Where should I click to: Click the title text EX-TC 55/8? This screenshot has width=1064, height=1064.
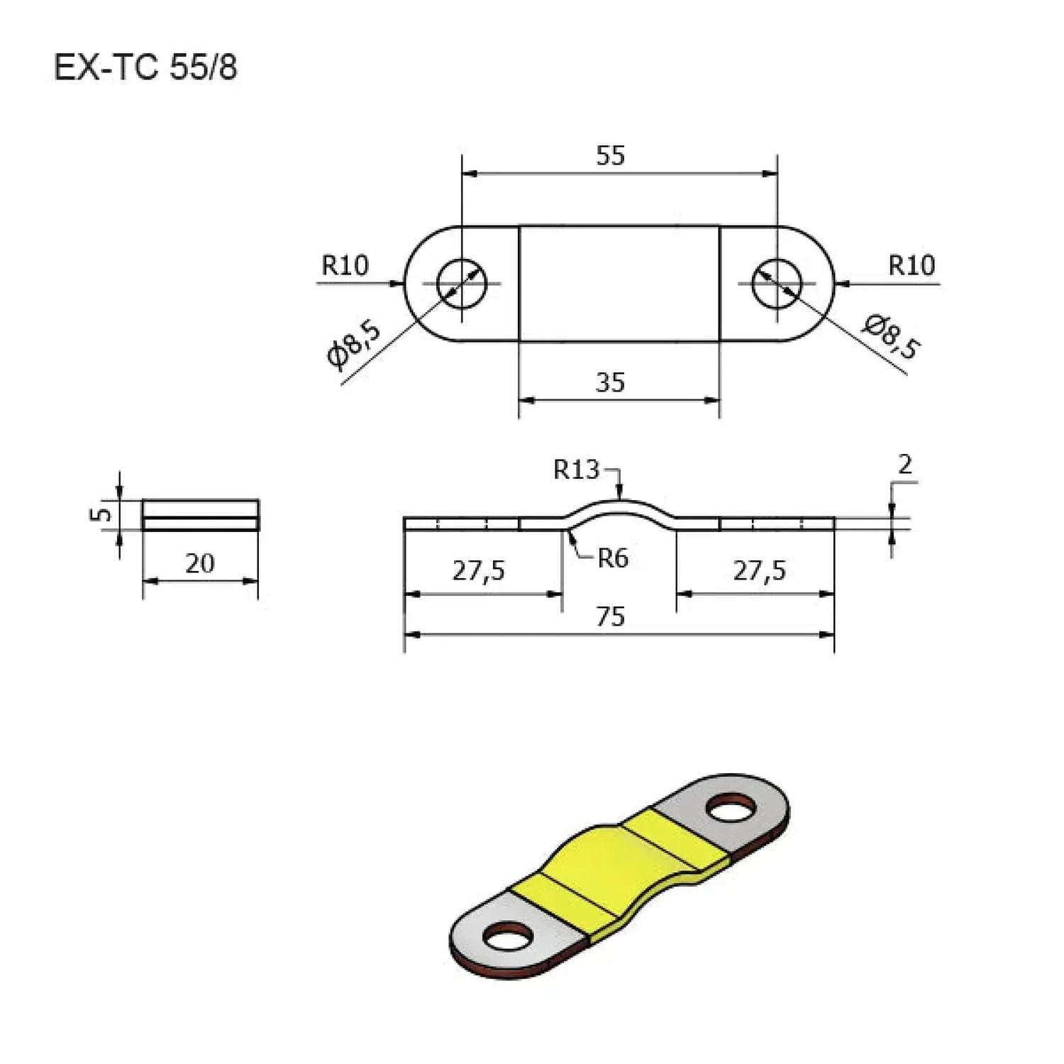pos(145,68)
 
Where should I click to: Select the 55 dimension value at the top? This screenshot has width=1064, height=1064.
pos(610,155)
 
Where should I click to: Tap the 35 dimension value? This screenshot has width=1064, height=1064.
pos(610,382)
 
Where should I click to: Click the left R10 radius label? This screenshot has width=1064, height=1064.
pos(345,265)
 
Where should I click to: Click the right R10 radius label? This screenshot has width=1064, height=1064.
pos(911,265)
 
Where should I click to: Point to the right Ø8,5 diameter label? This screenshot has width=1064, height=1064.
pos(892,336)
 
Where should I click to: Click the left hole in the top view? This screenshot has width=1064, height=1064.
pos(462,283)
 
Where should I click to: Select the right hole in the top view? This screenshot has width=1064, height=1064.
pos(777,283)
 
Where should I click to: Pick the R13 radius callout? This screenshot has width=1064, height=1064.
pos(576,470)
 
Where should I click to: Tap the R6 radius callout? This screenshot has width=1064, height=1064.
pos(612,559)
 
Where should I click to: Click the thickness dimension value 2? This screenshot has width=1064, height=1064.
pos(904,465)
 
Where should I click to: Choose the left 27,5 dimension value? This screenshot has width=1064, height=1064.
pos(479,570)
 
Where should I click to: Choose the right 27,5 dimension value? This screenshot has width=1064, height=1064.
pos(760,570)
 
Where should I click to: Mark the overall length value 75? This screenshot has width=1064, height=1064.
pos(610,617)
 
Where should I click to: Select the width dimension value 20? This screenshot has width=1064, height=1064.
pos(199,563)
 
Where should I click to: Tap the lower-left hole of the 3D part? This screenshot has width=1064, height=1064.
pos(509,936)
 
